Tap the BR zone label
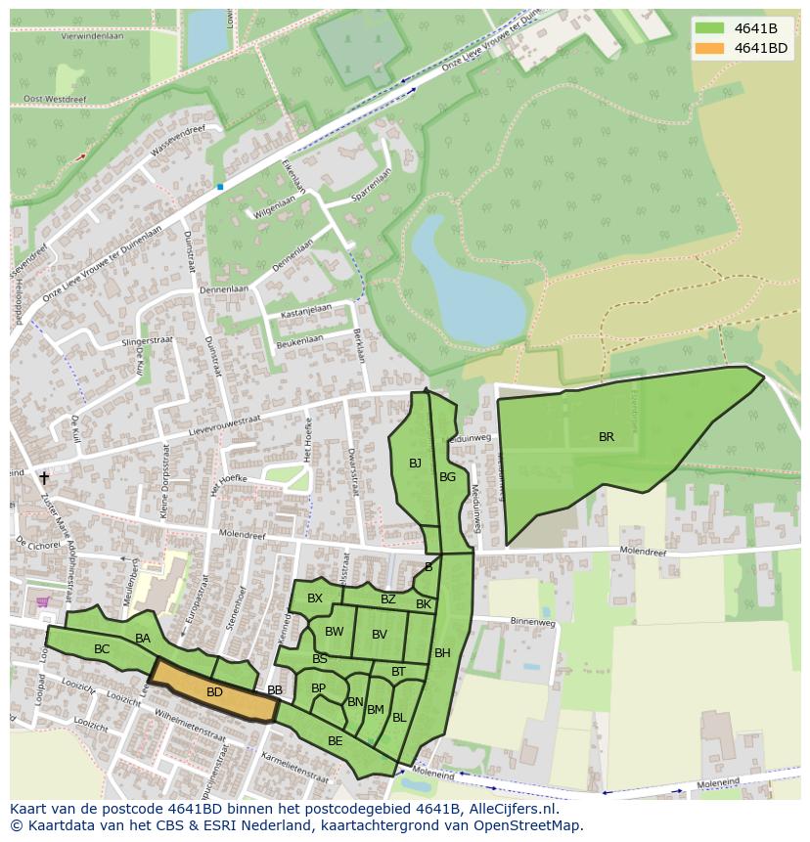click(x=607, y=437)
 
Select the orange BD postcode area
click(x=214, y=691)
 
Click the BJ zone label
click(x=415, y=464)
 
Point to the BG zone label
click(x=447, y=477)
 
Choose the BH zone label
click(x=442, y=653)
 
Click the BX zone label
click(x=315, y=598)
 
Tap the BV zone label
click(x=380, y=635)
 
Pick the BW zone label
click(x=335, y=632)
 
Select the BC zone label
click(x=102, y=649)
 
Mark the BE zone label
click(x=335, y=741)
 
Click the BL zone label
click(x=399, y=718)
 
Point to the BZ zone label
click(x=388, y=599)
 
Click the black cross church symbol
click(x=43, y=478)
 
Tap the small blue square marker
click(x=220, y=186)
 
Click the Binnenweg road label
click(x=532, y=621)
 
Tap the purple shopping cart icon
click(x=42, y=601)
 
